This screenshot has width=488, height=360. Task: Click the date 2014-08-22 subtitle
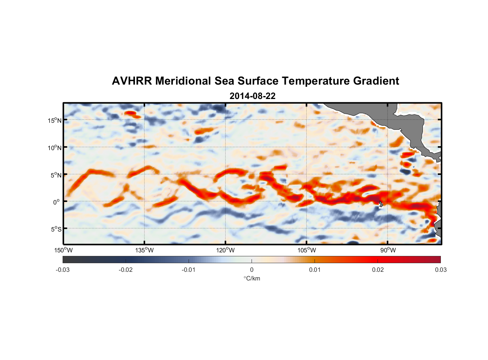pyautogui.click(x=252, y=96)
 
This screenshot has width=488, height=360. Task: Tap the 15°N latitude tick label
pyautogui.click(x=54, y=120)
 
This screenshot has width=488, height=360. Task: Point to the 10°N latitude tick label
pyautogui.click(x=54, y=148)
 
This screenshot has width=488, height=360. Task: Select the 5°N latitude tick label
pyautogui.click(x=56, y=175)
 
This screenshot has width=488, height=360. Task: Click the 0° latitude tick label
pyautogui.click(x=57, y=202)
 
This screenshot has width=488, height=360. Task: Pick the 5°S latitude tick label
pyautogui.click(x=56, y=229)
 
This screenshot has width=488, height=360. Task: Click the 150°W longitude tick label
pyautogui.click(x=63, y=250)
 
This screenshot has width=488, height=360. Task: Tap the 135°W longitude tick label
pyautogui.click(x=145, y=250)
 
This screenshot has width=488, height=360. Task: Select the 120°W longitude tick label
pyautogui.click(x=226, y=250)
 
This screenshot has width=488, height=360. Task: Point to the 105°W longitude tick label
pyautogui.click(x=307, y=250)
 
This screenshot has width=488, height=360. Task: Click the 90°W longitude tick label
pyautogui.click(x=388, y=250)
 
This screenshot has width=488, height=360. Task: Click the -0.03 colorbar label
pyautogui.click(x=63, y=270)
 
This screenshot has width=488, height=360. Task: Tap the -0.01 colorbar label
pyautogui.click(x=189, y=270)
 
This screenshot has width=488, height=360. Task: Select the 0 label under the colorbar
pyautogui.click(x=252, y=270)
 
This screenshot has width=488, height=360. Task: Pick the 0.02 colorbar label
pyautogui.click(x=378, y=270)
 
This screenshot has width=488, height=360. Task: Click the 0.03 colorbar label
pyautogui.click(x=440, y=270)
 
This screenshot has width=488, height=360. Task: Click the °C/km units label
pyautogui.click(x=252, y=278)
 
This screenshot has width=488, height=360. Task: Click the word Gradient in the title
pyautogui.click(x=376, y=81)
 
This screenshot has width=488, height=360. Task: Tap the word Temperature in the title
pyautogui.click(x=316, y=81)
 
